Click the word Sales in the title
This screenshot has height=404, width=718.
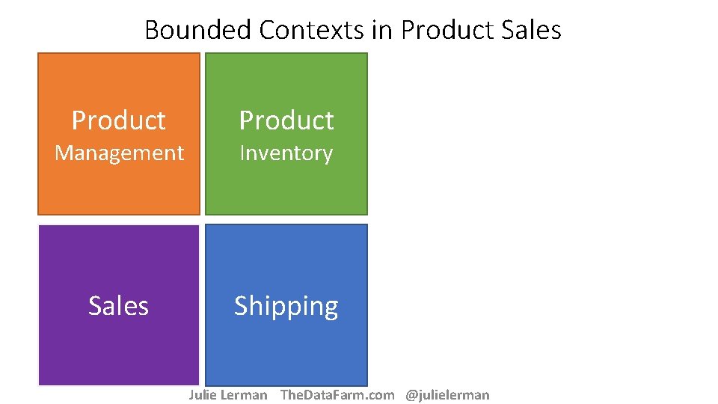(529, 30)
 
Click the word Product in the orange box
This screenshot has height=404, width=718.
(119, 120)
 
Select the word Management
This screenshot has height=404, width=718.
(119, 153)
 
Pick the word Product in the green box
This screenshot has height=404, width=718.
(286, 120)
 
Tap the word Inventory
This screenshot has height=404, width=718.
(286, 153)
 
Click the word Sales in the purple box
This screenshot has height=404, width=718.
(119, 306)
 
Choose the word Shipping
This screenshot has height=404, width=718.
(286, 307)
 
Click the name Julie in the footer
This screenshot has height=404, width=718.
(202, 395)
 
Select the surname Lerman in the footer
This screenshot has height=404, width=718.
(243, 395)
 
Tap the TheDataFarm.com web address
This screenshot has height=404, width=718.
(337, 395)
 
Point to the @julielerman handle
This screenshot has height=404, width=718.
(447, 395)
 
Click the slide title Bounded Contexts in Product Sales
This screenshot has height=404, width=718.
(352, 30)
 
